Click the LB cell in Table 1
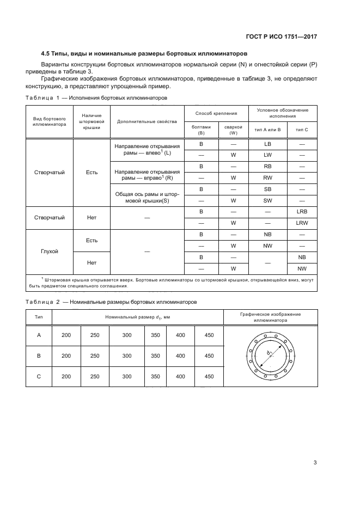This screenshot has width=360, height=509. [267, 144]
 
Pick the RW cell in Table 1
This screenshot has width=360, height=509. [267, 177]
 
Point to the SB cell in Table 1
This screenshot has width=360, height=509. [267, 189]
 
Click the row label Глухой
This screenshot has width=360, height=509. [49, 252]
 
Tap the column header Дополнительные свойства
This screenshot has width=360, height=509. [147, 121]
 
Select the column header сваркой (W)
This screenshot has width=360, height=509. [233, 130]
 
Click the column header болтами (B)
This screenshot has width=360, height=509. [201, 130]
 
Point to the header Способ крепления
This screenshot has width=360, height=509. [217, 113]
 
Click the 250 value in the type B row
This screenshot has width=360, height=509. [95, 355]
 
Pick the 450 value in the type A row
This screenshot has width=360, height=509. [209, 335]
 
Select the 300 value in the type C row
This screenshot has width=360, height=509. [127, 376]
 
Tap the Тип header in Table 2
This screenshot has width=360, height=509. [39, 316]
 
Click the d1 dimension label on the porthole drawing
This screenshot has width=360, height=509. [269, 353]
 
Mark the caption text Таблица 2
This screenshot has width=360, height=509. [42, 301]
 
